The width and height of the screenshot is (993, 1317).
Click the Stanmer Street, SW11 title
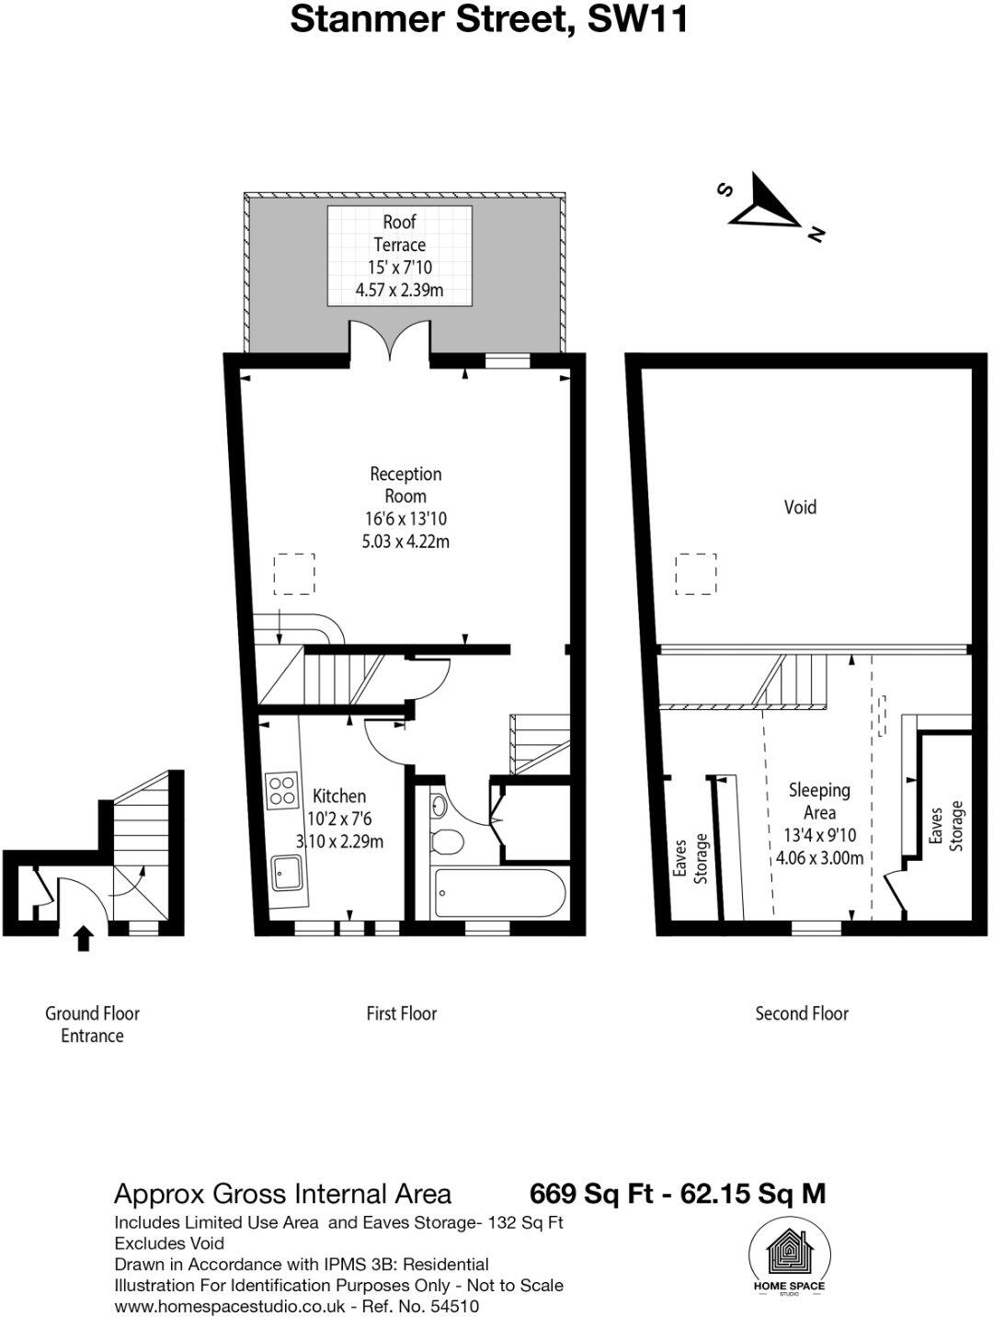pyautogui.click(x=489, y=19)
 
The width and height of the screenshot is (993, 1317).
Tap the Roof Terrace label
pyautogui.click(x=399, y=233)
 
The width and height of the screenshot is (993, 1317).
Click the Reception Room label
pyautogui.click(x=405, y=485)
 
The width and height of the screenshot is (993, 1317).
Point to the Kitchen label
pyautogui.click(x=338, y=796)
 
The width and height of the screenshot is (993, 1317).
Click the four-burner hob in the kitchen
pyautogui.click(x=282, y=790)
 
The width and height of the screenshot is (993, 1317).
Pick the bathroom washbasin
pyautogui.click(x=439, y=806)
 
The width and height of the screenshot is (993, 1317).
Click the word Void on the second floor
pyautogui.click(x=800, y=508)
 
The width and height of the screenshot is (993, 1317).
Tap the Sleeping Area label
pyautogui.click(x=819, y=801)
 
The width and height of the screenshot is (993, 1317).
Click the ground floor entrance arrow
pyautogui.click(x=84, y=938)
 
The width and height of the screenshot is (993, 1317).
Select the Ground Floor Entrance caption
pyautogui.click(x=92, y=1025)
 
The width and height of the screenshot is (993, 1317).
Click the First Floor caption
pyautogui.click(x=402, y=1014)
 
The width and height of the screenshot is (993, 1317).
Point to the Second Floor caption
pyautogui.click(x=802, y=1014)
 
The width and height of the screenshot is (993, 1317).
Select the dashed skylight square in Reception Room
pyautogui.click(x=294, y=574)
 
